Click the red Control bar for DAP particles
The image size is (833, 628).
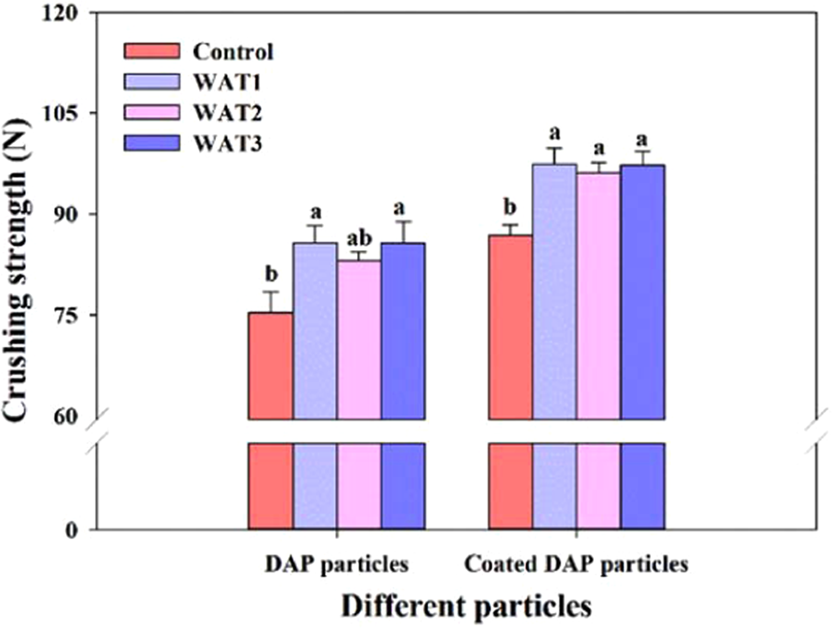[271, 367]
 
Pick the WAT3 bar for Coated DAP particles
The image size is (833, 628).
[642, 293]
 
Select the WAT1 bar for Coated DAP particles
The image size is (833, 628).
[555, 293]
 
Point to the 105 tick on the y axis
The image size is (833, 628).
[69, 114]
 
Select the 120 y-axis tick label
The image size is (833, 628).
[69, 13]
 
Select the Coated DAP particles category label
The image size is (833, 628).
[576, 564]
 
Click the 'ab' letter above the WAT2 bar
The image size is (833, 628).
[358, 237]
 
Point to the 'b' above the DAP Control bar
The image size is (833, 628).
[271, 274]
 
